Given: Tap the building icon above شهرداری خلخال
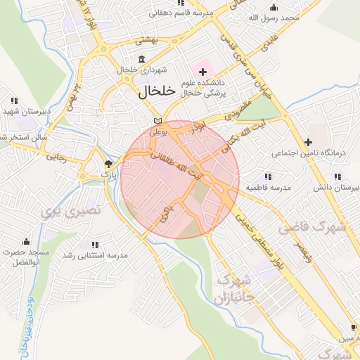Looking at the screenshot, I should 142,58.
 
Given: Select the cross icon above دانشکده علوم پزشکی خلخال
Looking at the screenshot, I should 203,72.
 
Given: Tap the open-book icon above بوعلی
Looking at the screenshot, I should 157,121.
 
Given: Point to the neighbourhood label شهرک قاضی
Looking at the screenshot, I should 312,227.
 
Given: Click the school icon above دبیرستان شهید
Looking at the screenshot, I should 15,101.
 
